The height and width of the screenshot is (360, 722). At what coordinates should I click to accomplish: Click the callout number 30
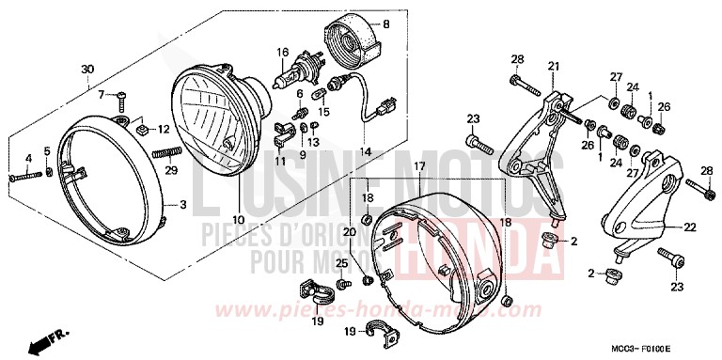pyautogui.click(x=87, y=70)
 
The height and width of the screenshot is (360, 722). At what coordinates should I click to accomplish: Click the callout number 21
pyautogui.click(x=553, y=66)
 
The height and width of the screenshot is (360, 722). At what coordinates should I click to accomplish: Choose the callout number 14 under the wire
pyautogui.click(x=366, y=151)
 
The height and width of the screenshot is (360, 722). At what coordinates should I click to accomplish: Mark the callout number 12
pyautogui.click(x=163, y=130)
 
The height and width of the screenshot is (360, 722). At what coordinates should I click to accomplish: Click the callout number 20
pyautogui.click(x=350, y=231)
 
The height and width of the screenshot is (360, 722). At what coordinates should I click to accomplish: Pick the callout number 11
pyautogui.click(x=280, y=162)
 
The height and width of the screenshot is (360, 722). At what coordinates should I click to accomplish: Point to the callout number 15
pyautogui.click(x=322, y=113)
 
